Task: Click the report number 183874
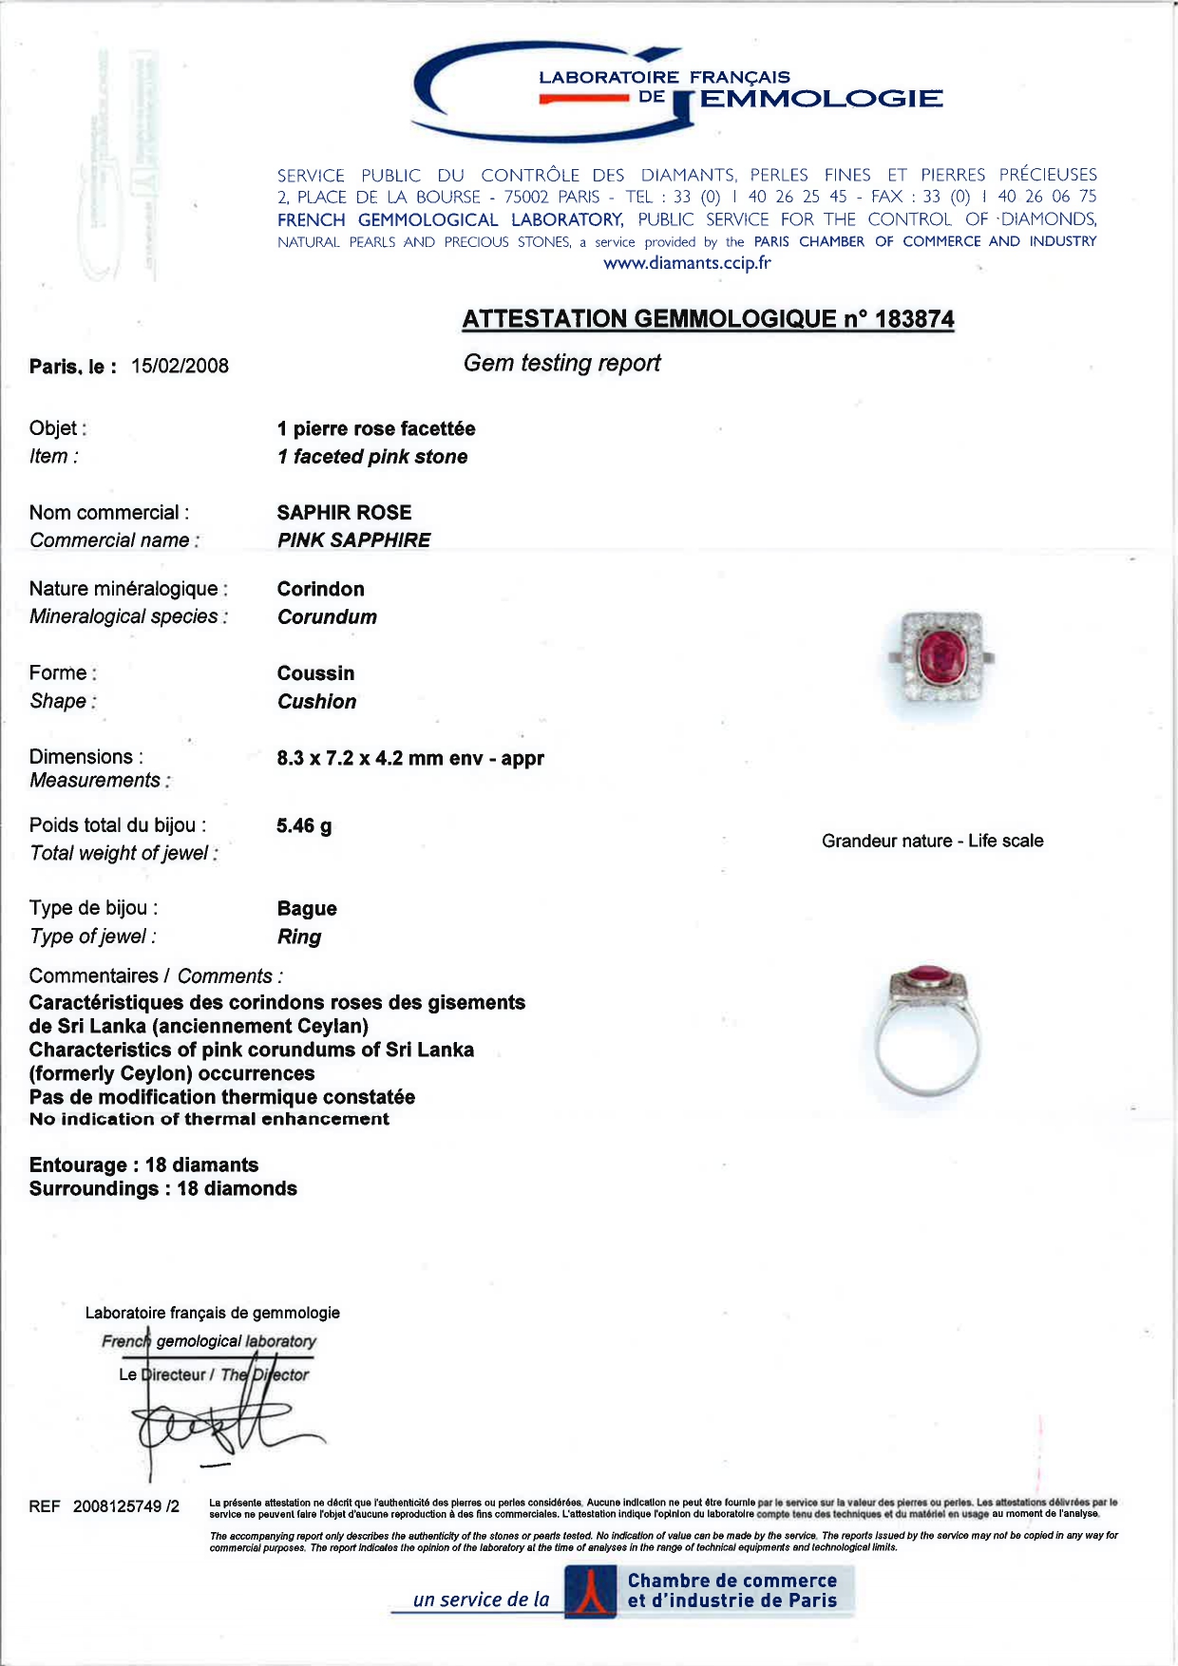914,319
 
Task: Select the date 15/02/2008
180,367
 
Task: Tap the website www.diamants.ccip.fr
687,264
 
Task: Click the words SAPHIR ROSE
344,513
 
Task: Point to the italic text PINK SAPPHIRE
353,540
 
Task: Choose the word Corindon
320,589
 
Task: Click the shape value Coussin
315,673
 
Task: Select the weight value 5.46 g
304,826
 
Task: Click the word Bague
307,909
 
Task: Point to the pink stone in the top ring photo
940,656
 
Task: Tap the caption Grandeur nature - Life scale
932,842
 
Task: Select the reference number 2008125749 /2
125,1506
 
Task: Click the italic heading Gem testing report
561,364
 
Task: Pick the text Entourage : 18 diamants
143,1165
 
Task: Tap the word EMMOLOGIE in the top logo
821,100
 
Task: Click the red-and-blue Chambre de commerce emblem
590,1592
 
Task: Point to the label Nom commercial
108,513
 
